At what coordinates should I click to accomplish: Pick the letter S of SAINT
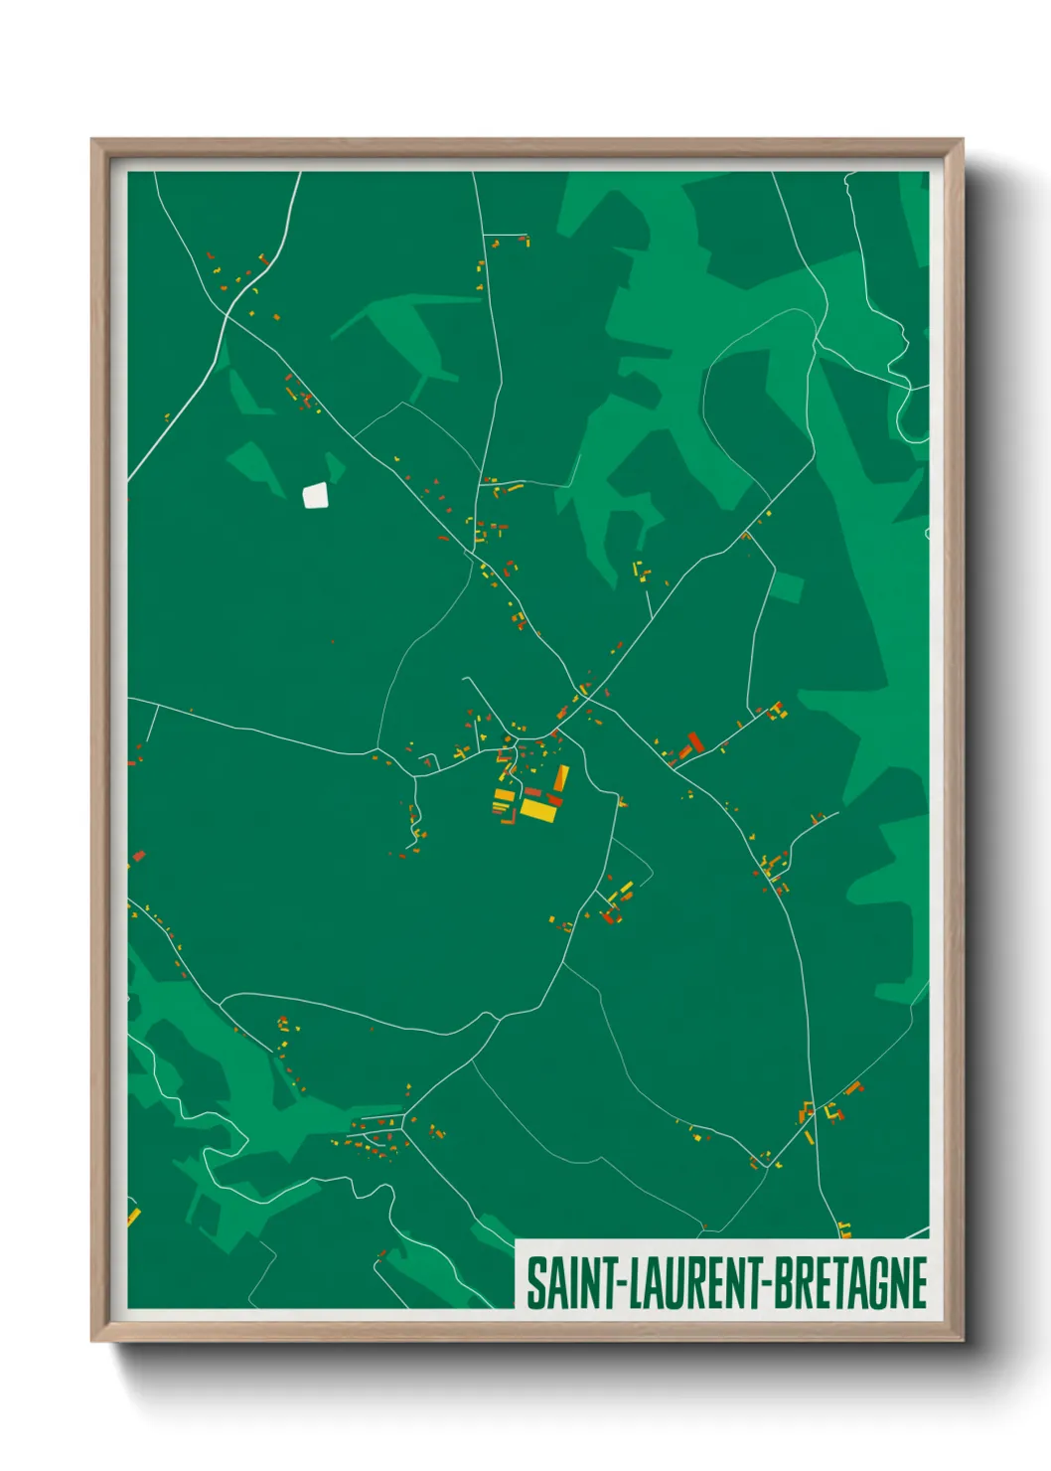point(535,1283)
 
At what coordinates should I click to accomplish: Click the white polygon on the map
point(315,494)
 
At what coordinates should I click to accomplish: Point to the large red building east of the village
point(695,741)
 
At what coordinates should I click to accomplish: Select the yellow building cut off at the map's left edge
point(133,1216)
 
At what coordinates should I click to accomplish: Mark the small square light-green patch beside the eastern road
point(787,587)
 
